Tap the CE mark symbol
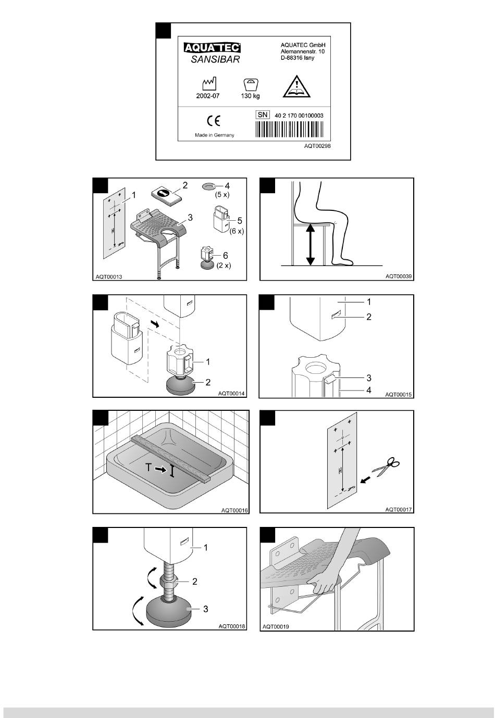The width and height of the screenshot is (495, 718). click(x=214, y=121)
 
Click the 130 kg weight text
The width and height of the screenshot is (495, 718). click(x=250, y=96)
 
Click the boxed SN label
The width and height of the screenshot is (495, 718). click(x=263, y=115)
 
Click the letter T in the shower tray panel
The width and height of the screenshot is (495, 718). click(x=149, y=468)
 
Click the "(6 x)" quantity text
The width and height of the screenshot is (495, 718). click(x=237, y=231)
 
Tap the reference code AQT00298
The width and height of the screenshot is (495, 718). click(x=317, y=146)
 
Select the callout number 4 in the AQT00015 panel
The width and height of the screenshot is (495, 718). click(x=369, y=390)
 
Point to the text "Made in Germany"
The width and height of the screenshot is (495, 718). click(x=215, y=135)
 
